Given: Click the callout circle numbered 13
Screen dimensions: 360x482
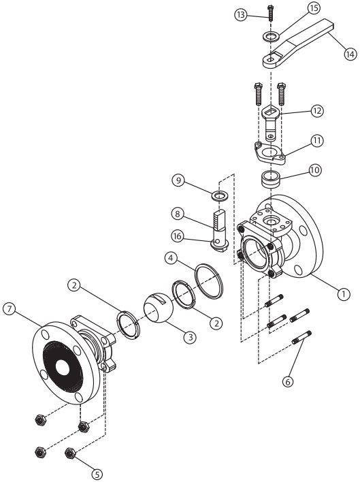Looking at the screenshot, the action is pos(242,14).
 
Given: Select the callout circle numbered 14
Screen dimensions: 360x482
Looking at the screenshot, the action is pos(350,54).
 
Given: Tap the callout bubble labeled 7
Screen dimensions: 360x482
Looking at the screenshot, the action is pos(10,309).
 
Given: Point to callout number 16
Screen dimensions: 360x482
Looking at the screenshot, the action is pos(177,236).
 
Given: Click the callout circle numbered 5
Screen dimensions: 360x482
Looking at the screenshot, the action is pos(97,475).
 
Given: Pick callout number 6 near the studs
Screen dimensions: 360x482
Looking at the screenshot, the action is pos(288,381).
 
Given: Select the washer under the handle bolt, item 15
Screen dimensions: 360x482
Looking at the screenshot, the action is pos(271,37).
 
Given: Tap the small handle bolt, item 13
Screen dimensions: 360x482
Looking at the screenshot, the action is pos(270,13).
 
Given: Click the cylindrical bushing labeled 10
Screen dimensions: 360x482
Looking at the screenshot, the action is pos(271,179).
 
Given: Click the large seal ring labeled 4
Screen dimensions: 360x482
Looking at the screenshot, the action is pos(209,280).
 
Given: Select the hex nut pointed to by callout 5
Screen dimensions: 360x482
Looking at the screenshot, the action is pos(71,453).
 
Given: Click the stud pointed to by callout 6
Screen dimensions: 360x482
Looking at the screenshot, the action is pos(301,338).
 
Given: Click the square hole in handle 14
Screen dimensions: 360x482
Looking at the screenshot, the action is pos(271,58).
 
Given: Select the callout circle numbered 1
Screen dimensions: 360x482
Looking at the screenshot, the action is pos(344,294).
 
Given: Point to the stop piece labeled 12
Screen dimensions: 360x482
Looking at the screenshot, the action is pos(271,123).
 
